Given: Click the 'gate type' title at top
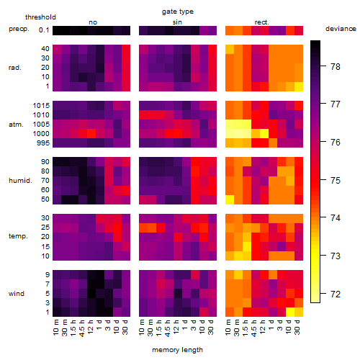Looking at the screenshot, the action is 178,12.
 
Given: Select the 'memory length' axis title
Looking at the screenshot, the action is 177,350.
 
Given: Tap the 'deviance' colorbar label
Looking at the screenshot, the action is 341,29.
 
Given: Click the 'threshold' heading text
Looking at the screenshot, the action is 40,17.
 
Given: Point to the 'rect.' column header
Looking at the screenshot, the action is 262,22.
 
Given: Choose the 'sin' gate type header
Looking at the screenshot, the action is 177,22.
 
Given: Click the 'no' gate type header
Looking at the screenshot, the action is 93,22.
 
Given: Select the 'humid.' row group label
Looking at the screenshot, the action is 20,181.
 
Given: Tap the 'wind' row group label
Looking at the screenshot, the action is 17,294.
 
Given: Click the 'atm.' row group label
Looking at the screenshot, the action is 16,125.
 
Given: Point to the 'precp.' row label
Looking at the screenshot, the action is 19,29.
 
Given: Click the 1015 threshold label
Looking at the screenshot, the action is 41,106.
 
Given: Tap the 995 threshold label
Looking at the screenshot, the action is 43,143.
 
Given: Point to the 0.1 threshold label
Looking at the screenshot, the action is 44,30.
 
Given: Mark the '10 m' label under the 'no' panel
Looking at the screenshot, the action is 56,328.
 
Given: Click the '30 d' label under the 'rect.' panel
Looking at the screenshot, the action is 297,328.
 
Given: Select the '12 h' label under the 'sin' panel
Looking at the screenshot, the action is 176,327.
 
